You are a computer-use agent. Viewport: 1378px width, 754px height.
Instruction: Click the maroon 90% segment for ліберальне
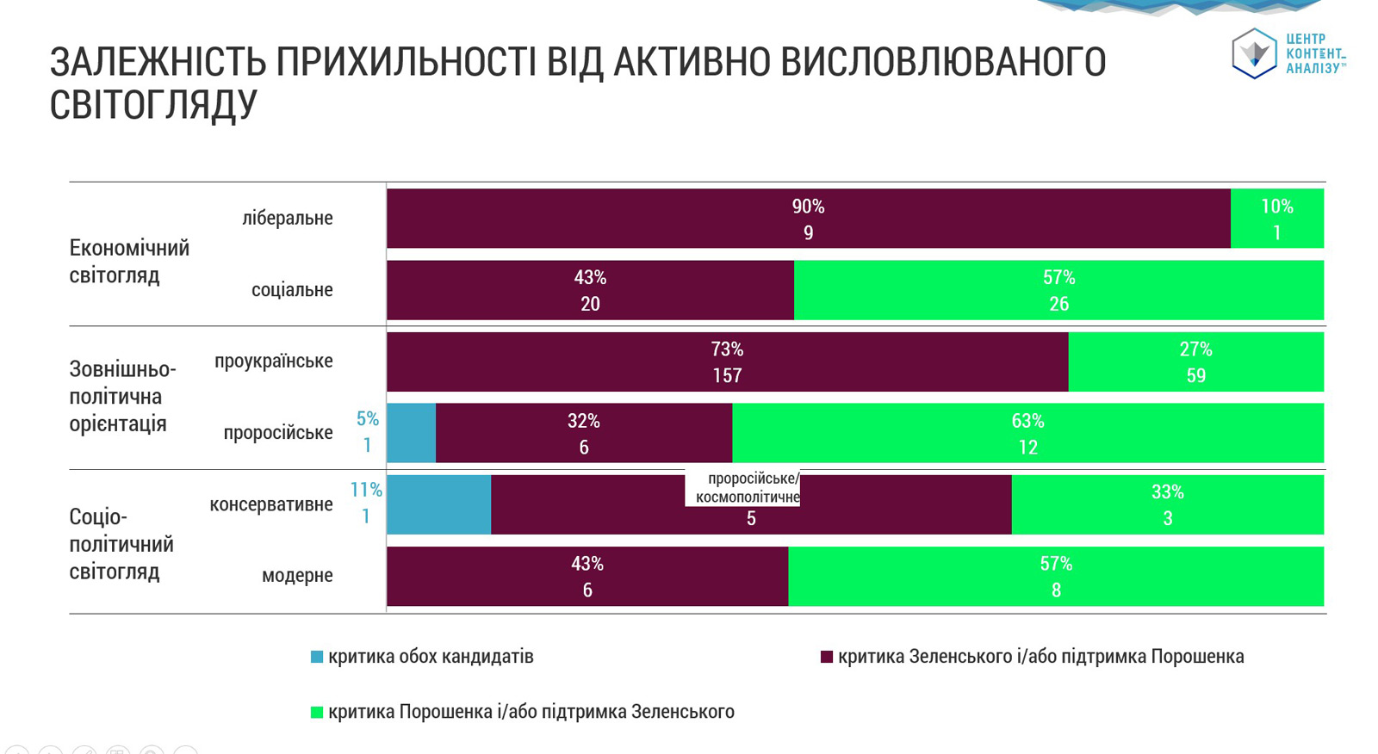coord(808,219)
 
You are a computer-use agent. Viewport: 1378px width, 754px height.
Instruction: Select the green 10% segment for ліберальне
coord(1276,219)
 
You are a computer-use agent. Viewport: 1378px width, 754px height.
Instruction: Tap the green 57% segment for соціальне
coord(1058,290)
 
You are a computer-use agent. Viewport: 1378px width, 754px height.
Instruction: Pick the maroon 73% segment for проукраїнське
coord(727,362)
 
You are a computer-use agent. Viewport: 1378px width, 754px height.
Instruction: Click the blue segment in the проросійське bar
coord(411,433)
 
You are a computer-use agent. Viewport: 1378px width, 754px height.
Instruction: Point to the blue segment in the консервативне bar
coord(438,504)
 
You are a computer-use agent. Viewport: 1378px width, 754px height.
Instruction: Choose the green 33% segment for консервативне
coord(1167,504)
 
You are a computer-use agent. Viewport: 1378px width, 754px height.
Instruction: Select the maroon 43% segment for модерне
coord(587,577)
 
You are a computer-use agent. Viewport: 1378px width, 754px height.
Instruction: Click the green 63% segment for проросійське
coord(1027,433)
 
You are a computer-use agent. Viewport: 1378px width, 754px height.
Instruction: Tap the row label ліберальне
coord(287,218)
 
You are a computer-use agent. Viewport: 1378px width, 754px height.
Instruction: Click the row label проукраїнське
coord(273,361)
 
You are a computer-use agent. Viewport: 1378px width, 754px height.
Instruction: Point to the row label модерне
coord(297,575)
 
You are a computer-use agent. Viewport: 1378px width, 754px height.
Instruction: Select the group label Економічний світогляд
coord(129,262)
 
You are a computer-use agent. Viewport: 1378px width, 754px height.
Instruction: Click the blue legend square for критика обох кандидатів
coord(317,657)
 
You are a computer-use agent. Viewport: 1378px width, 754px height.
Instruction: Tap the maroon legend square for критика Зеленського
coord(827,657)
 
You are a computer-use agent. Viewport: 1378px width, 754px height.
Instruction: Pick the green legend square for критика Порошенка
coord(317,712)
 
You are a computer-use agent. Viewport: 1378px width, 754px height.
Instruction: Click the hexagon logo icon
coord(1253,53)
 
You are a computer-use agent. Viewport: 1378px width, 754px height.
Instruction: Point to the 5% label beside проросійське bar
coord(368,418)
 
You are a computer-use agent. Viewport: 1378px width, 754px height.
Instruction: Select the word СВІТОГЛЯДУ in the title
coord(153,105)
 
